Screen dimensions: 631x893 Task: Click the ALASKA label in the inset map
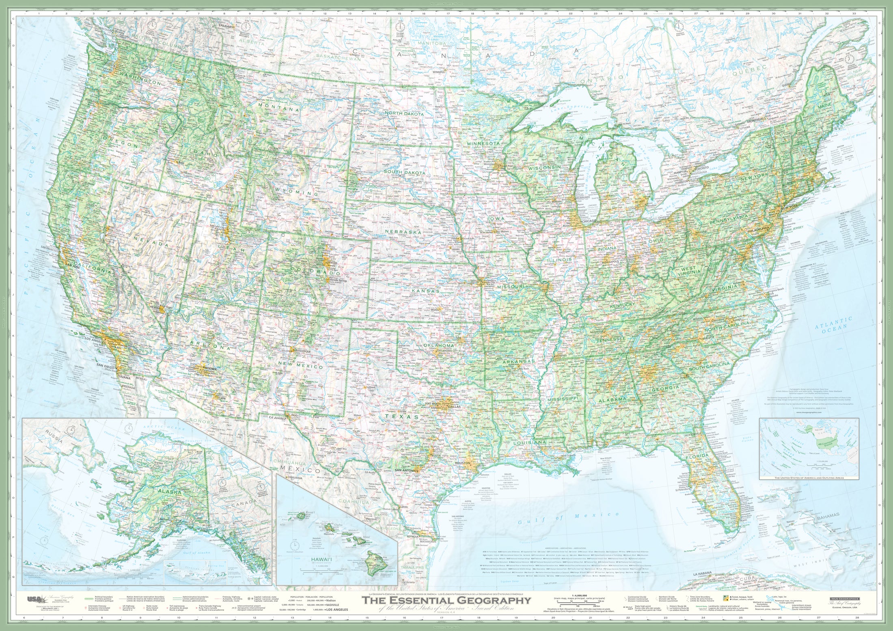(x=169, y=492)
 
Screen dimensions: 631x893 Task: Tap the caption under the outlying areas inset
(x=809, y=478)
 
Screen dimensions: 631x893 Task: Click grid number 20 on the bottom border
(x=553, y=618)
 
